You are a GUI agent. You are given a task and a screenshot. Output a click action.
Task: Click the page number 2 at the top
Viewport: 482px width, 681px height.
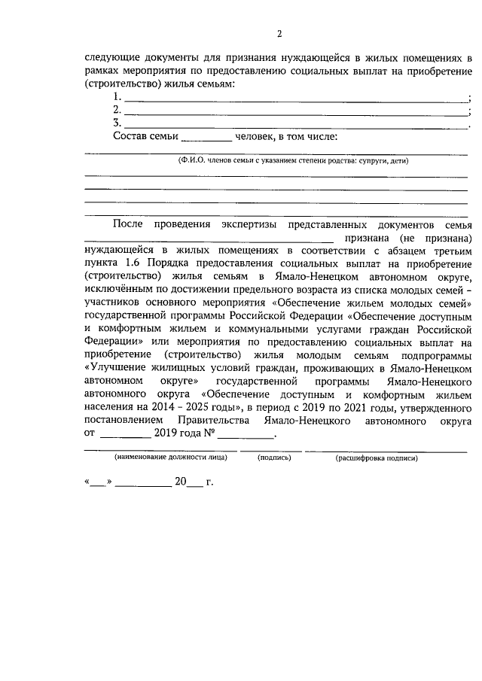279,33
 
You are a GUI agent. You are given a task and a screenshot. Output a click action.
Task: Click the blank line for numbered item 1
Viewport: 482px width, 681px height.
294,99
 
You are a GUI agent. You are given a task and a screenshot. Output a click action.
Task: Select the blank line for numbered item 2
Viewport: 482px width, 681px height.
294,113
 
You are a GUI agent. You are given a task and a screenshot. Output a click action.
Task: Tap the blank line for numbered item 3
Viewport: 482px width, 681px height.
294,126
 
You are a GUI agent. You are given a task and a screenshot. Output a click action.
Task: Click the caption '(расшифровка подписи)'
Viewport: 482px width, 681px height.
376,458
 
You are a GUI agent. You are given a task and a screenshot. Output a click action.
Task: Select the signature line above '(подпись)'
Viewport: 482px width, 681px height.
271,451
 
